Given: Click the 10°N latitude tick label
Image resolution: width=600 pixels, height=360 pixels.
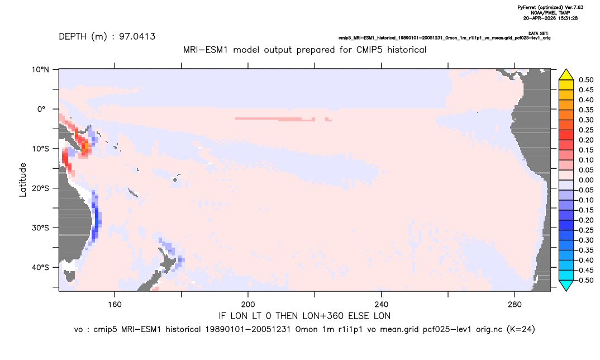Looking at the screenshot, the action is (x=40, y=70).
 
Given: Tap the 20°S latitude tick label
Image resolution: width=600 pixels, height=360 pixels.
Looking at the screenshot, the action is (x=40, y=188).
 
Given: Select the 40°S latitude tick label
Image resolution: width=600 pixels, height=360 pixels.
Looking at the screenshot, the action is (x=40, y=267).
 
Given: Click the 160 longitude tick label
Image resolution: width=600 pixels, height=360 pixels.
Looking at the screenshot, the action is (x=115, y=305).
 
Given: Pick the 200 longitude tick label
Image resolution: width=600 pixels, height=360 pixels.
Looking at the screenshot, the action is (x=248, y=305).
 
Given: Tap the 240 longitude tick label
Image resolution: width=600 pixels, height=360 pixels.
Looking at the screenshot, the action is (x=382, y=305).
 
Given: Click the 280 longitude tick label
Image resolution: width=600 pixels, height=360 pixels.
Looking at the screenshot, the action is (x=515, y=305).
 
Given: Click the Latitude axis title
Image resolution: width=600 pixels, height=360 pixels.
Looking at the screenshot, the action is (x=23, y=180).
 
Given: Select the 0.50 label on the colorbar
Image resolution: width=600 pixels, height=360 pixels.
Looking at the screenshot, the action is (x=586, y=80).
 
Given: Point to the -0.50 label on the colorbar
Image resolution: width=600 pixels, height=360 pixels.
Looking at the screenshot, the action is (x=585, y=280).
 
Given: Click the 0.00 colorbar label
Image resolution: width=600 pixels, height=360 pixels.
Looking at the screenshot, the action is (x=586, y=180).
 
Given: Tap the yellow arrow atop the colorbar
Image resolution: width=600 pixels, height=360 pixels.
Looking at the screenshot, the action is (x=566, y=75).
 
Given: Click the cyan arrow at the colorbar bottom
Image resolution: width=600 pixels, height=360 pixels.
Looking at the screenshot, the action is (x=566, y=285).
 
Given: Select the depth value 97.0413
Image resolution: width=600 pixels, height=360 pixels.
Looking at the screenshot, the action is (x=137, y=37).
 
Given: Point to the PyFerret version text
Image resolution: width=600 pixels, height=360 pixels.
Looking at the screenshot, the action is (x=550, y=7).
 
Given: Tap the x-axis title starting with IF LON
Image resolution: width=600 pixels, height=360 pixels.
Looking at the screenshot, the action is (x=304, y=316).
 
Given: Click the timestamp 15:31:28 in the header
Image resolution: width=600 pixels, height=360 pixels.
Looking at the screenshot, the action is (x=566, y=18).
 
